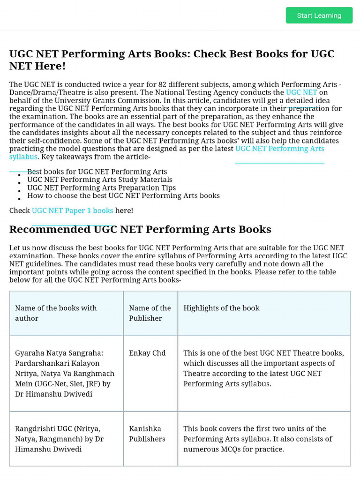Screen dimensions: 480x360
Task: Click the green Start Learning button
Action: point(319,15)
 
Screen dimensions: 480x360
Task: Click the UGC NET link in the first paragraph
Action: point(301,92)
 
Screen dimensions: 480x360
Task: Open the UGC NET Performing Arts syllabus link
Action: point(279,149)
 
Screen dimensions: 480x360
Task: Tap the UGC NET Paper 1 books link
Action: point(72,210)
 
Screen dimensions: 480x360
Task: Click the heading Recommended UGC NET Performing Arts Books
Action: point(140,229)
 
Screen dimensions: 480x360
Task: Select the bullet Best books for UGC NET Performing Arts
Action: point(97,172)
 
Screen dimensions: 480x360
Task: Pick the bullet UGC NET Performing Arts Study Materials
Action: point(100,180)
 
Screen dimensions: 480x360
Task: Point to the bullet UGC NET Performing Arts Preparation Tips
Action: point(102,187)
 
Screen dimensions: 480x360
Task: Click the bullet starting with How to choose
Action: point(123,195)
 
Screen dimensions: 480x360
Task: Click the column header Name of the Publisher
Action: point(150,313)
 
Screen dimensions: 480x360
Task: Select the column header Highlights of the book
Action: point(221,308)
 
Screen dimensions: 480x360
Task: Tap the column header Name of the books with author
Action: point(56,313)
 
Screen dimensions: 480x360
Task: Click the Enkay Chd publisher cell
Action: point(147,353)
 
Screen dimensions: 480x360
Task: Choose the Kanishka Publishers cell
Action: point(147,434)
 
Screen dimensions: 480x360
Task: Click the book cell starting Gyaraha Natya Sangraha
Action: point(65,373)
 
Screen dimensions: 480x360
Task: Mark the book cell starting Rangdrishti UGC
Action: point(59,439)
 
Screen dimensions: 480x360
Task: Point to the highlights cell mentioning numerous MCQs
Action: point(258,439)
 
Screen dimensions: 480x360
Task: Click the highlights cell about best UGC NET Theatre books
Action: point(263,368)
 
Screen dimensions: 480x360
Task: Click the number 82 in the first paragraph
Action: point(163,84)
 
